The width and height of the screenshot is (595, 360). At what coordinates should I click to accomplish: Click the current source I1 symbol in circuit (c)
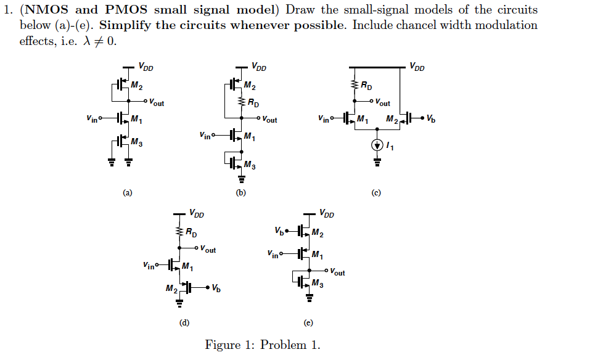pyautogui.click(x=376, y=147)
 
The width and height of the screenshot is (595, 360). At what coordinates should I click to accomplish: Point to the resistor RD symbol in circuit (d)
pyautogui.click(x=179, y=232)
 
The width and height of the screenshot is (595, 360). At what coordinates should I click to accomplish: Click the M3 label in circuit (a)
pyautogui.click(x=137, y=144)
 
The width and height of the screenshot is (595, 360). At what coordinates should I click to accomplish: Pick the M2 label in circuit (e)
pyautogui.click(x=317, y=232)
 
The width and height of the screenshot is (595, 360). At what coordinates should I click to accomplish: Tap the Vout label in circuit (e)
pyautogui.click(x=337, y=272)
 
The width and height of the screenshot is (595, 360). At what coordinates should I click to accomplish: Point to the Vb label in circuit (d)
pyautogui.click(x=215, y=288)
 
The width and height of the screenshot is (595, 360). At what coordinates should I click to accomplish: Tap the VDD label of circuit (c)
pyautogui.click(x=417, y=67)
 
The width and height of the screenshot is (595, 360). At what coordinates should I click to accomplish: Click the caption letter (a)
pyautogui.click(x=127, y=193)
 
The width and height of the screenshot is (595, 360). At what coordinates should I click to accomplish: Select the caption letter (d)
pyautogui.click(x=184, y=322)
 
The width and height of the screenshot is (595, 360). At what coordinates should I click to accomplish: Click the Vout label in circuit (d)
pyautogui.click(x=209, y=249)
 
